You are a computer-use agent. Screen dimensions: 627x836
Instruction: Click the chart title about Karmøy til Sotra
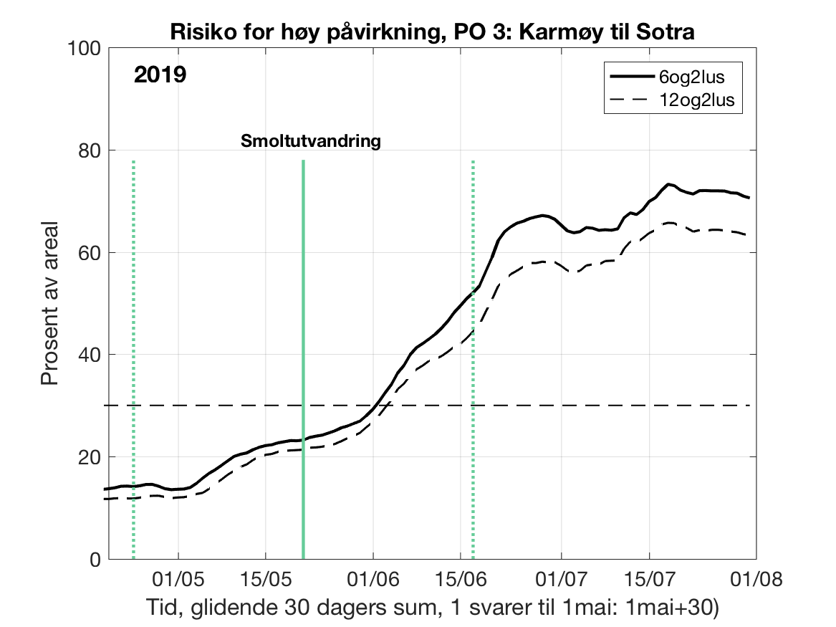[433, 32]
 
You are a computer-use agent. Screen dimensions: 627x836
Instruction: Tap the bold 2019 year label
[160, 75]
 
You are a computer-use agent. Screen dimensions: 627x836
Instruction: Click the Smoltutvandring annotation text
[309, 141]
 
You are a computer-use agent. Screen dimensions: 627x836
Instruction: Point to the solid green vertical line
[303, 358]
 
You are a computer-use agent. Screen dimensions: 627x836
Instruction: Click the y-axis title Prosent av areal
[50, 304]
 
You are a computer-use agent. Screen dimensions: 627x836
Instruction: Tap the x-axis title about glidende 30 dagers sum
[432, 606]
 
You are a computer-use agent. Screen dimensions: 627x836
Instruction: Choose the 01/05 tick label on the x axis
[178, 578]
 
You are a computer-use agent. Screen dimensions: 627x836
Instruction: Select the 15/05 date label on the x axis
[265, 578]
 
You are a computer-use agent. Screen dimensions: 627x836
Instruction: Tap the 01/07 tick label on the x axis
[561, 578]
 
